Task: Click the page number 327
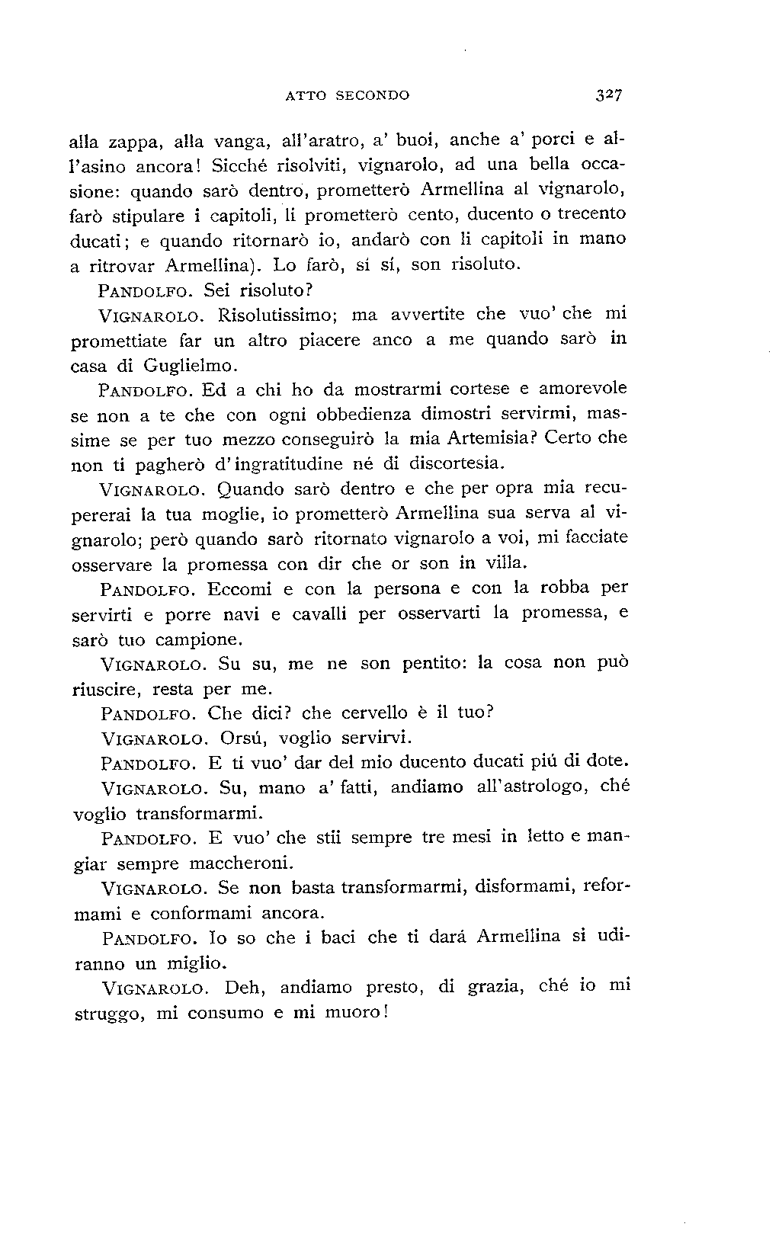click(611, 95)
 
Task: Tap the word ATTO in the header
click(302, 96)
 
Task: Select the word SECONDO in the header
click(370, 96)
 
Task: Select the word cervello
click(374, 714)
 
